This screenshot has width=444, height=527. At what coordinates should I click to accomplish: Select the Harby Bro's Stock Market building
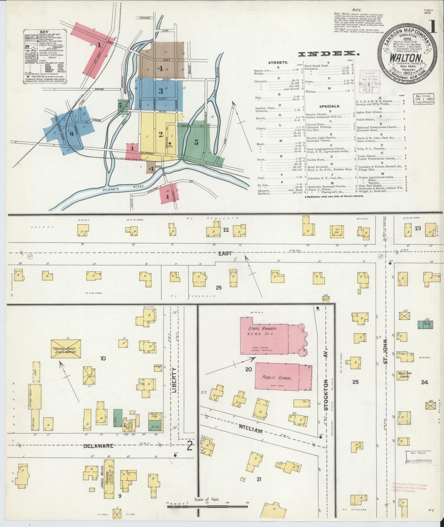click(66, 349)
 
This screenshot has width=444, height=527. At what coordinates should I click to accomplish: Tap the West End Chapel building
click(404, 375)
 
